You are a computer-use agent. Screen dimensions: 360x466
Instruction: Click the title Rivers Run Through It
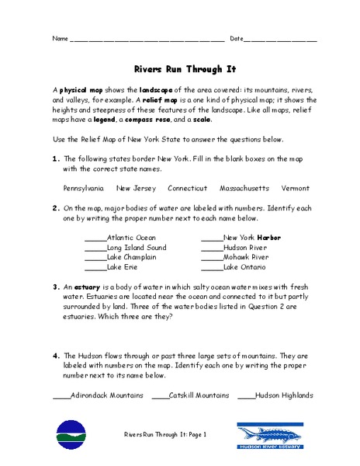tap(179, 68)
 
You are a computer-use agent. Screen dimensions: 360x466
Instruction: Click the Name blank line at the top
tap(147, 39)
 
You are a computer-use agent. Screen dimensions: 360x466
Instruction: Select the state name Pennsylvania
tap(84, 188)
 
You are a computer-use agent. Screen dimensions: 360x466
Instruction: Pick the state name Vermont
tap(296, 188)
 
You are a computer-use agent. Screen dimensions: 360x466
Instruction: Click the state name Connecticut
tap(188, 188)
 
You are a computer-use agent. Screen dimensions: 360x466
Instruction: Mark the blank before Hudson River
tap(211, 248)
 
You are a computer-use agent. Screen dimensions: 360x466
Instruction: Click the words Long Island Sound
tap(137, 248)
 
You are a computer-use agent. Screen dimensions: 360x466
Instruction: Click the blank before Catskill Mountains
tap(160, 395)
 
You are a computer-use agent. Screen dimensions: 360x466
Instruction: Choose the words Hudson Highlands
tap(284, 395)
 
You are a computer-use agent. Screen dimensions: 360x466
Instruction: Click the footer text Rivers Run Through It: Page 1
tap(165, 435)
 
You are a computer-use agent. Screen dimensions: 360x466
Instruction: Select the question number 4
tap(56, 355)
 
